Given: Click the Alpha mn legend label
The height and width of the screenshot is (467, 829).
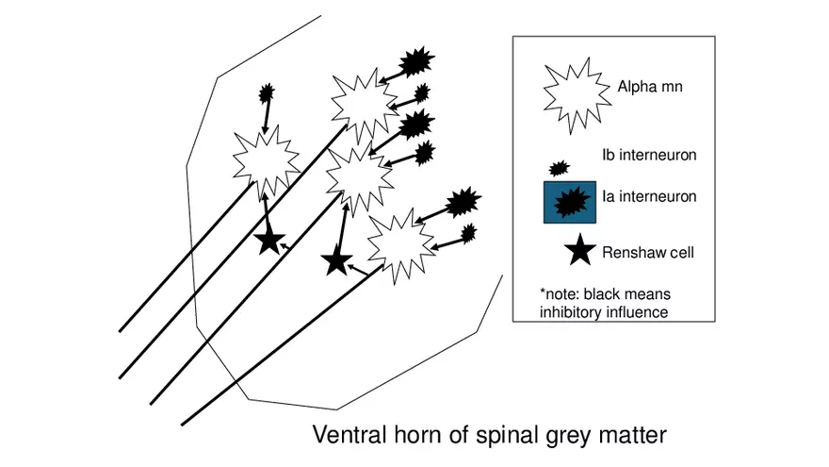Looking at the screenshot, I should click(650, 88).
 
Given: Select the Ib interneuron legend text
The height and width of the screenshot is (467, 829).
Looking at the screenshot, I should click(649, 154).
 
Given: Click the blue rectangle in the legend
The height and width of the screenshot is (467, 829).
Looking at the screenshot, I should click(570, 202).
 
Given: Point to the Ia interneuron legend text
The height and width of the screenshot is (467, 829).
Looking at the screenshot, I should click(649, 197).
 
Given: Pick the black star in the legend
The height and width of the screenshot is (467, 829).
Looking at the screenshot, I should click(578, 251).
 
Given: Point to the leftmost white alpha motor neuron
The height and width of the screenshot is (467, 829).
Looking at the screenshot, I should click(266, 161).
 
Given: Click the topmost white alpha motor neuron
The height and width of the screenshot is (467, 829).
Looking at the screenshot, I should click(362, 101).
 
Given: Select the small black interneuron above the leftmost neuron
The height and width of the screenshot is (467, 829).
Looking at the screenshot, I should click(268, 92).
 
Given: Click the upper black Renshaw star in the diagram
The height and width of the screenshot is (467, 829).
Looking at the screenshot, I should click(269, 242).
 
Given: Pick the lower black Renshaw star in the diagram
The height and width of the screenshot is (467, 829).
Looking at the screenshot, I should click(336, 260).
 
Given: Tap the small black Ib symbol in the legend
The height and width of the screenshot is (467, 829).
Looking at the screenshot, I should click(559, 168).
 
